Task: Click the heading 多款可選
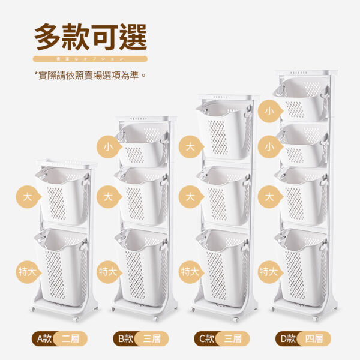click(x=90, y=37)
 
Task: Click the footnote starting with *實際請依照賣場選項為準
click(x=90, y=75)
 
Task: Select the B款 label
click(x=125, y=338)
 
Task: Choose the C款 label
click(x=204, y=338)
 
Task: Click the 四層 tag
click(x=313, y=338)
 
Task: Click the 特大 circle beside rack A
click(x=26, y=272)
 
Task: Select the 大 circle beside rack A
click(x=26, y=196)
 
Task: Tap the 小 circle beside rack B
click(x=108, y=146)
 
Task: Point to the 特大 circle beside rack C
click(x=189, y=272)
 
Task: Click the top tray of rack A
click(x=66, y=163)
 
